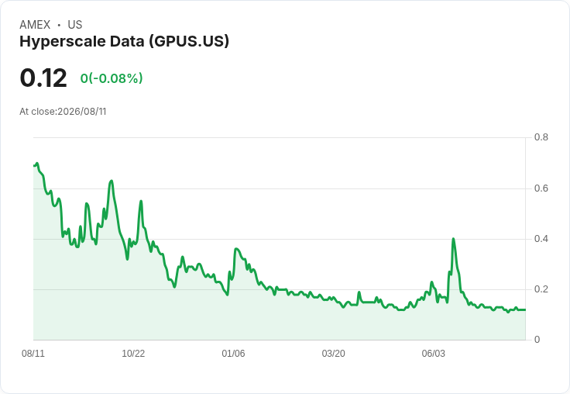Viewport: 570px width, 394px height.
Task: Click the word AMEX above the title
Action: [35, 25]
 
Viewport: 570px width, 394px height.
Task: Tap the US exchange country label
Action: [75, 25]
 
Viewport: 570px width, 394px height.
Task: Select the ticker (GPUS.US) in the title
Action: [189, 42]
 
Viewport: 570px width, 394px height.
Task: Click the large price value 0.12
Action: [43, 78]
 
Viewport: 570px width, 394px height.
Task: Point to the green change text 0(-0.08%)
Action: [112, 78]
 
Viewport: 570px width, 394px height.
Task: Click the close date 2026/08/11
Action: [82, 112]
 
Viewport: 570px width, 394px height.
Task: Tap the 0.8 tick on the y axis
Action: [541, 137]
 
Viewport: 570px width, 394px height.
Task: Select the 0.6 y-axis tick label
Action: [541, 188]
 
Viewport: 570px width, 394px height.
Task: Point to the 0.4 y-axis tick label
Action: [541, 239]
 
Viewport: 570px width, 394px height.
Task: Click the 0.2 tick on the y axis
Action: [541, 289]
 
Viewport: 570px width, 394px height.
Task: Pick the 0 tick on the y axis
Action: [537, 340]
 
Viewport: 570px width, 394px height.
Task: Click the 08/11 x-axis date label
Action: [33, 354]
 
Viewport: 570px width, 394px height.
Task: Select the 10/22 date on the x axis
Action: [133, 354]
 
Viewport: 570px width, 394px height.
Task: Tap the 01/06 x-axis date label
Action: [233, 354]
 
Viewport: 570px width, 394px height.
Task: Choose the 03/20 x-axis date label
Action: [333, 354]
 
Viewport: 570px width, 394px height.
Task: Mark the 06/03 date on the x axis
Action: [434, 354]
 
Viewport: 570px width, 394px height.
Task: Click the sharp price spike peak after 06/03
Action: [453, 239]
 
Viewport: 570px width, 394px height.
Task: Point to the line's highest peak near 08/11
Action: [36, 164]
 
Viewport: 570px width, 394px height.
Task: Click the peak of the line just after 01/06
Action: [236, 249]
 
